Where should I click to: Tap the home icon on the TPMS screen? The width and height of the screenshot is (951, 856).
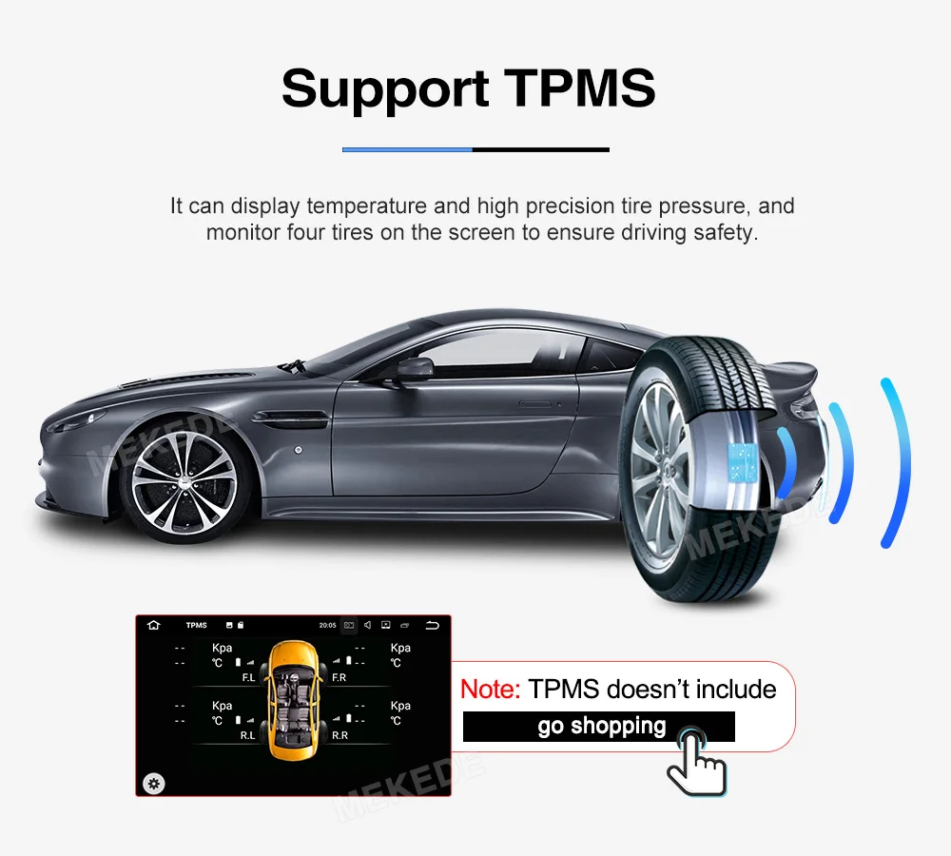154,625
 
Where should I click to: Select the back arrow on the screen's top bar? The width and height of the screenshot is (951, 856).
434,625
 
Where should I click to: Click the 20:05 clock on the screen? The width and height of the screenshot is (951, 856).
327,625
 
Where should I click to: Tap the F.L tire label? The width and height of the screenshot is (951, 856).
248,678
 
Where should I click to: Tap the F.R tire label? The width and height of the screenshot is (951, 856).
340,678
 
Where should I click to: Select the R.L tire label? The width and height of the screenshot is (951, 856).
247,735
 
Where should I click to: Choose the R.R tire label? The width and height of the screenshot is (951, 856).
340,735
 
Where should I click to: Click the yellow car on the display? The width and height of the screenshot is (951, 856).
294,700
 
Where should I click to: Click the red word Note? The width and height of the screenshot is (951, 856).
490,690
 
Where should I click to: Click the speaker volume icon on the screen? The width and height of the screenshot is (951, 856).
367,625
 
